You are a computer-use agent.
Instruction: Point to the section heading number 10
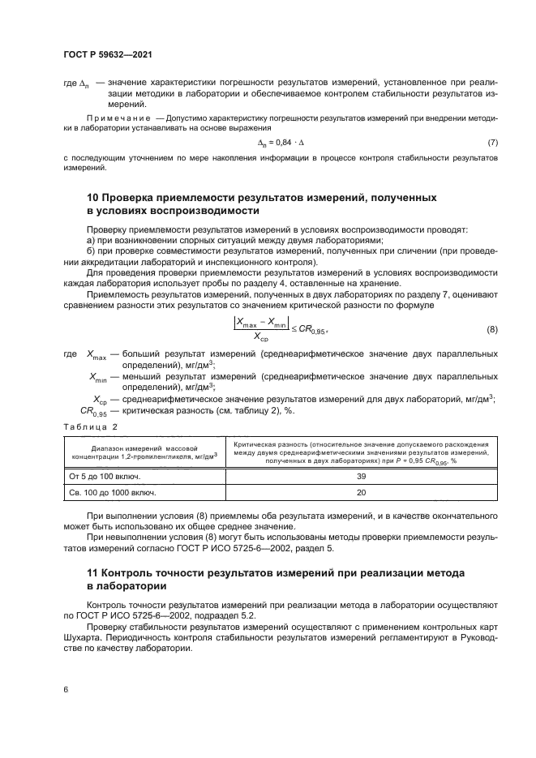point(92,198)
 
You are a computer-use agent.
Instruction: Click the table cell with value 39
point(362,475)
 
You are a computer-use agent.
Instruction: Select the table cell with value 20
point(362,491)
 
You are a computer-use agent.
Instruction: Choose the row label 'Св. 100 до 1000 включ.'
point(113,491)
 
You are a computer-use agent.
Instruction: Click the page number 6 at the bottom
point(65,688)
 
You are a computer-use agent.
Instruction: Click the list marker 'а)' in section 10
point(91,241)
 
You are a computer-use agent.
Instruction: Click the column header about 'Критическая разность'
point(362,452)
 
